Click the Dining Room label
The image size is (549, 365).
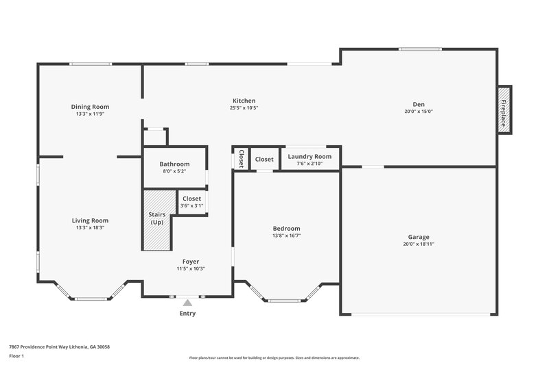tap(90, 106)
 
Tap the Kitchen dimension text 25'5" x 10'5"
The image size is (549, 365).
tap(244, 108)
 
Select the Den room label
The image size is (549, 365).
tap(419, 104)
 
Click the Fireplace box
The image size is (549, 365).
tap(504, 110)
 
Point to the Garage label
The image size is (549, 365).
tap(419, 236)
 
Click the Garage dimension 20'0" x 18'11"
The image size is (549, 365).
tap(419, 244)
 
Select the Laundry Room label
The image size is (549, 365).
tap(309, 156)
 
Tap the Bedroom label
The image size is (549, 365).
tap(286, 228)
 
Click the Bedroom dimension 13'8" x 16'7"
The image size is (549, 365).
tap(286, 236)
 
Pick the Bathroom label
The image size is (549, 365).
tap(174, 164)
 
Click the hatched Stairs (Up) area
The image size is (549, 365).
tap(156, 219)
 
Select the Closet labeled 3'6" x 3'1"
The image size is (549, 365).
tap(191, 202)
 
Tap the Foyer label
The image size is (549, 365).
tap(191, 261)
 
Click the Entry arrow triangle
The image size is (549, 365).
tap(187, 302)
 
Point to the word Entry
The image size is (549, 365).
tap(187, 314)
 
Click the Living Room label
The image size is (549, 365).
tap(90, 220)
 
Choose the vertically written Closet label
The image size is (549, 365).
tap(242, 159)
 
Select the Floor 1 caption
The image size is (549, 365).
tap(16, 356)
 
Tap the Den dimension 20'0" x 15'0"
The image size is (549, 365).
tap(419, 112)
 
